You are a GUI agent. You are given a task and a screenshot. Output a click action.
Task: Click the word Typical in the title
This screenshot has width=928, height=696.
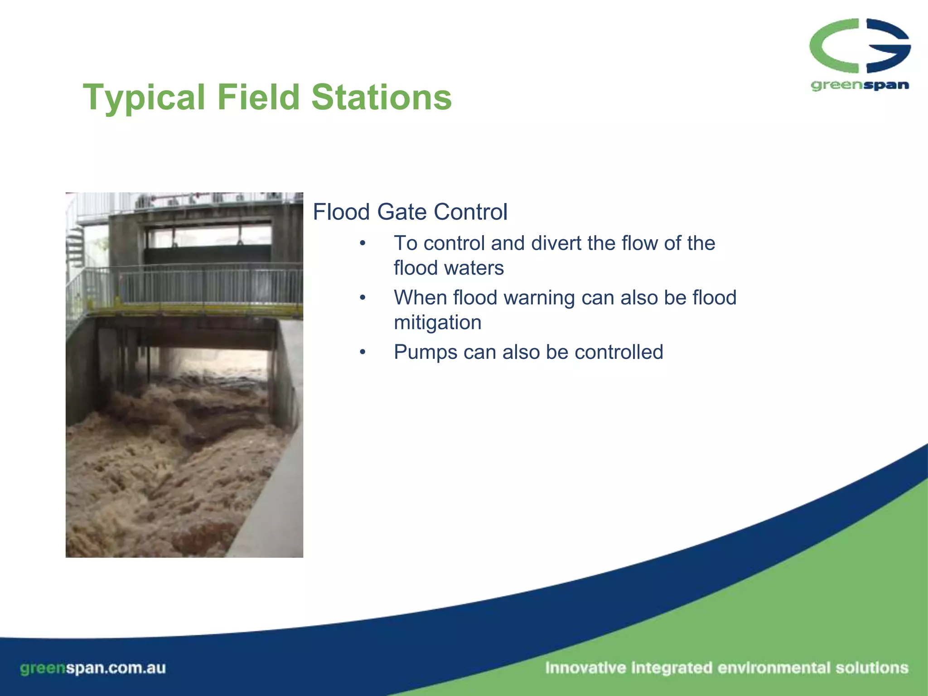[x=144, y=97]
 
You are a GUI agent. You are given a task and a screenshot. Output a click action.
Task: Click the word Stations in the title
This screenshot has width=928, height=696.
[x=382, y=97]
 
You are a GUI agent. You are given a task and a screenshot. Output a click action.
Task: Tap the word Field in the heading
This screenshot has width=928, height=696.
[x=258, y=97]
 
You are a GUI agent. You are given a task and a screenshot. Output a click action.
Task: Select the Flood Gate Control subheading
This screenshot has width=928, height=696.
[x=410, y=212]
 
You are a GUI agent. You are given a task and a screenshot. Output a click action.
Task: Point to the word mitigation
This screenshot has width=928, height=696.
[x=437, y=323]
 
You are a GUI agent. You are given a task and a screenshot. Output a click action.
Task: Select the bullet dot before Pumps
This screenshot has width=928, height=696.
[x=362, y=353]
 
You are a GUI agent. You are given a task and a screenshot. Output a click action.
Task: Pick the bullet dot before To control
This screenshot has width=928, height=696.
[x=362, y=244]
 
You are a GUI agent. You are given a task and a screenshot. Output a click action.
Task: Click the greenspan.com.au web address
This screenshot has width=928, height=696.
[x=93, y=668]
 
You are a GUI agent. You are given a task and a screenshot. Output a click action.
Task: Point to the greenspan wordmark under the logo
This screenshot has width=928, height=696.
[x=860, y=85]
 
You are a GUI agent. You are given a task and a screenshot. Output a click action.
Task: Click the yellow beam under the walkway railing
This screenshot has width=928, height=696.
[x=195, y=310]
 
